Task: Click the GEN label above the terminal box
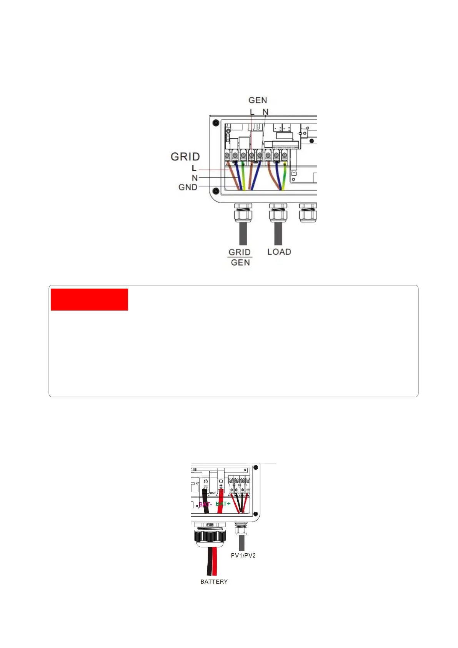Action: (x=258, y=100)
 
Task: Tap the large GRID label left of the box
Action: (x=185, y=157)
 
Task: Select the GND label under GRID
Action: (x=188, y=187)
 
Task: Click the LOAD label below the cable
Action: (x=279, y=252)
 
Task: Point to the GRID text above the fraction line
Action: (x=240, y=252)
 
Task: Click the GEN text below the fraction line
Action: (x=240, y=262)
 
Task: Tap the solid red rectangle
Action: (x=89, y=299)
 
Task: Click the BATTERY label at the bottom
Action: (x=214, y=582)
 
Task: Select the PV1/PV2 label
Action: (x=243, y=556)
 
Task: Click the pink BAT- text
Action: (x=205, y=504)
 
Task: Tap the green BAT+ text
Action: (x=223, y=504)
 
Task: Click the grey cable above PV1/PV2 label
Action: (x=241, y=543)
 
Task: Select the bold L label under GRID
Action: (x=194, y=168)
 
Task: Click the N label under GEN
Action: (x=265, y=112)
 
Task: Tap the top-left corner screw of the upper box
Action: (x=216, y=123)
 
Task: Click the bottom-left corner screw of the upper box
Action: (x=216, y=191)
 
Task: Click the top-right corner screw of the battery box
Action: (x=255, y=468)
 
